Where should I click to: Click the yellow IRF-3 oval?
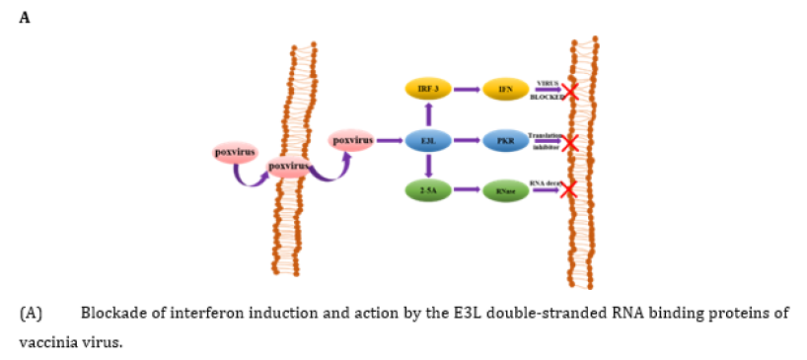point(428,90)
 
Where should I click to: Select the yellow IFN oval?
point(504,90)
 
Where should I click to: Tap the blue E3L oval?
point(428,141)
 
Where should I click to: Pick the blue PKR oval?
point(504,141)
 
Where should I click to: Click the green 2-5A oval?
point(428,189)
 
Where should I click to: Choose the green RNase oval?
point(504,189)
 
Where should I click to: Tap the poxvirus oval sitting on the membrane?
point(288,166)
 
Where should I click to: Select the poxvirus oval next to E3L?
point(352,141)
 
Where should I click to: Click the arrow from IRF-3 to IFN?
point(467,90)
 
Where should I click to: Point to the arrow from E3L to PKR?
point(467,141)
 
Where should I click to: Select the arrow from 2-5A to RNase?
point(467,189)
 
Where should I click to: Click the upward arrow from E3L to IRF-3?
point(428,114)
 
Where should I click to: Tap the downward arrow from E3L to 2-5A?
point(428,166)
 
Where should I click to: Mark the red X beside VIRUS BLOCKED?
point(569,92)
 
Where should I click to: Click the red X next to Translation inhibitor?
point(568,143)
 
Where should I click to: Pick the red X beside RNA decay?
point(567,188)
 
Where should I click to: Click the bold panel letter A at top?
point(26,17)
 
